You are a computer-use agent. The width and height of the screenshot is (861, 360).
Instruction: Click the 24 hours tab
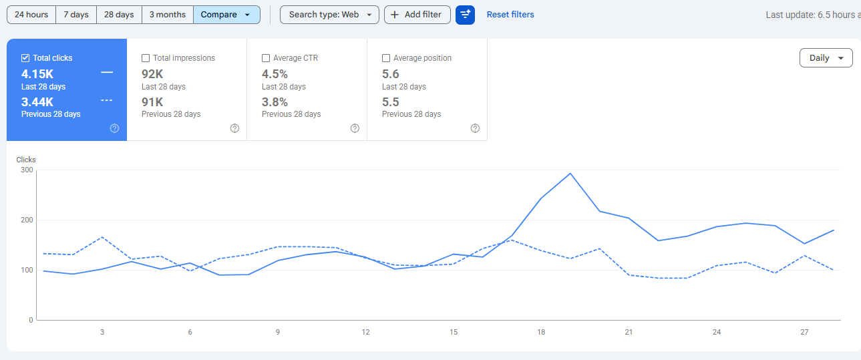pyautogui.click(x=31, y=15)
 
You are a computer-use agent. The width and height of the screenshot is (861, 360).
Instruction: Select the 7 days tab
pyautogui.click(x=76, y=15)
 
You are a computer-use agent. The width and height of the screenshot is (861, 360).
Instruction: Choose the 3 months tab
pyautogui.click(x=168, y=15)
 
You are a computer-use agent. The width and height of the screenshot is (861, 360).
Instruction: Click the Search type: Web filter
pyautogui.click(x=329, y=15)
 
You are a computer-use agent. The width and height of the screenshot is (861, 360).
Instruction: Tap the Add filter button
pyautogui.click(x=417, y=15)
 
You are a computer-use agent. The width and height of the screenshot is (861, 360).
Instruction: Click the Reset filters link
pyautogui.click(x=510, y=15)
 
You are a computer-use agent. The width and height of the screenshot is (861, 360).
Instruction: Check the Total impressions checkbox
pyautogui.click(x=146, y=58)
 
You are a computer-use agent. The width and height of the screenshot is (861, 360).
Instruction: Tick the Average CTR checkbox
pyautogui.click(x=266, y=58)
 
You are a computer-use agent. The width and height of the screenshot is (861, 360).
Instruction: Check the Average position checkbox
pyautogui.click(x=386, y=58)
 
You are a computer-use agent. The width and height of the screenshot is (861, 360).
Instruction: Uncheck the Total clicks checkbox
pyautogui.click(x=25, y=58)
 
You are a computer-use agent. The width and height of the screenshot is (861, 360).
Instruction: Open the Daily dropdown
pyautogui.click(x=826, y=58)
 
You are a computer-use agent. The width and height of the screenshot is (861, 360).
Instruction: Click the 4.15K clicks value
pyautogui.click(x=37, y=73)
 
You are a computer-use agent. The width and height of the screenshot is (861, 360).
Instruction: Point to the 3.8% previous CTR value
pyautogui.click(x=275, y=102)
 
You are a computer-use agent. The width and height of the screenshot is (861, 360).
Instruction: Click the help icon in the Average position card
pyautogui.click(x=475, y=128)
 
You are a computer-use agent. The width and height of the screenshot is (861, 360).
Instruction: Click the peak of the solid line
pyautogui.click(x=570, y=174)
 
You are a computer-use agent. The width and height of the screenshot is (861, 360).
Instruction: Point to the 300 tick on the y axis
pyautogui.click(x=27, y=170)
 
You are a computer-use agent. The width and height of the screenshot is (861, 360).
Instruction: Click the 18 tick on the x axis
pyautogui.click(x=541, y=332)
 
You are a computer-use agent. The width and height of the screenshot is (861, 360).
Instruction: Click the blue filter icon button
pyautogui.click(x=465, y=15)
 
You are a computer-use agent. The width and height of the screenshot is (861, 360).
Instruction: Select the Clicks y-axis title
pyautogui.click(x=26, y=160)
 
